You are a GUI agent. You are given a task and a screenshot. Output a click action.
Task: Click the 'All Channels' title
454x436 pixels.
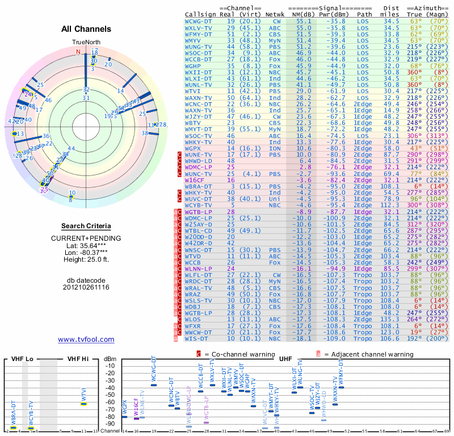point(86,29)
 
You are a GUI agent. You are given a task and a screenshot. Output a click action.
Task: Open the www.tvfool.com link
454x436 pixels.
point(86,339)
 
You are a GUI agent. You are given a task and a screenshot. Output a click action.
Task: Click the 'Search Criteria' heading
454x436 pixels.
point(86,226)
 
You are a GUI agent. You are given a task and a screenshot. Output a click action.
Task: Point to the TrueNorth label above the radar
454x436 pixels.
point(86,43)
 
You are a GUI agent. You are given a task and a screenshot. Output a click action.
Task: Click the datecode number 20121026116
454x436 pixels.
point(86,287)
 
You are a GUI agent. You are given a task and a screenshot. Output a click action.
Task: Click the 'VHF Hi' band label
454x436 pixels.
point(78,360)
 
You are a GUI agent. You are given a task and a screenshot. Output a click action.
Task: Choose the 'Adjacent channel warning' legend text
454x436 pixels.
point(368,354)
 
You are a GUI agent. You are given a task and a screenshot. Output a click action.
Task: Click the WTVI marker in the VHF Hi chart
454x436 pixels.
point(83,404)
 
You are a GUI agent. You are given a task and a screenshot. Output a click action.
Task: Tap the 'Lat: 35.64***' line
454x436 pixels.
point(86,245)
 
